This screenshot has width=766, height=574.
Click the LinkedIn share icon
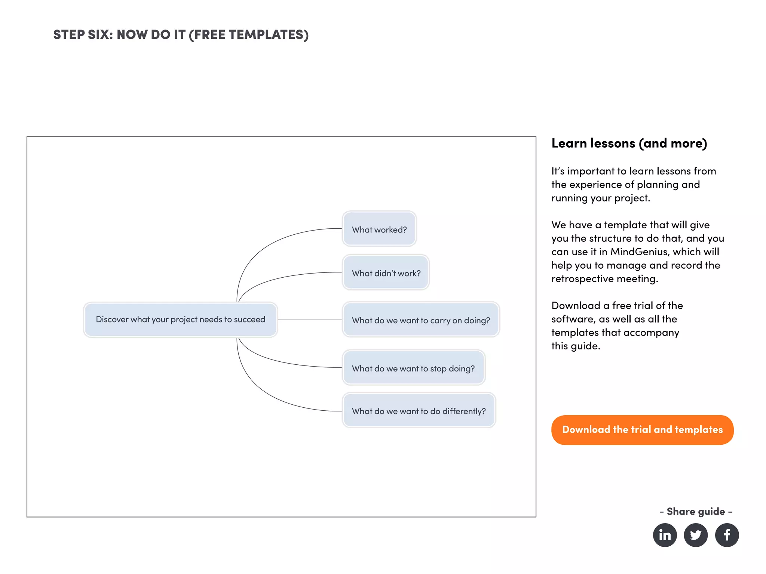click(665, 535)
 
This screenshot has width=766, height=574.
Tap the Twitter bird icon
click(696, 535)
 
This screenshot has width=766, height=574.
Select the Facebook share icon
click(727, 535)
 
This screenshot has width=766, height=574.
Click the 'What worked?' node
click(379, 229)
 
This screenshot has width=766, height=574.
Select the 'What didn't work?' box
click(386, 273)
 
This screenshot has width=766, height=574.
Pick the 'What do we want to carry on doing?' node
click(421, 320)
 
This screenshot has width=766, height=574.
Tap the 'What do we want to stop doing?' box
click(413, 368)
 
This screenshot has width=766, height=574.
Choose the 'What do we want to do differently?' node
click(419, 411)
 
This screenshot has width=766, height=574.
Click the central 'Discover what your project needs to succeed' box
click(180, 320)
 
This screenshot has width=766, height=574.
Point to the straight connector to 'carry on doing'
click(310, 320)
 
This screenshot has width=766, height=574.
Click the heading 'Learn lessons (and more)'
click(629, 143)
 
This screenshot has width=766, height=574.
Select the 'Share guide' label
click(696, 511)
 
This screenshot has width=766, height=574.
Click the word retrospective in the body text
click(582, 279)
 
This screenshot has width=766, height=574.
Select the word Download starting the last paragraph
click(576, 306)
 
